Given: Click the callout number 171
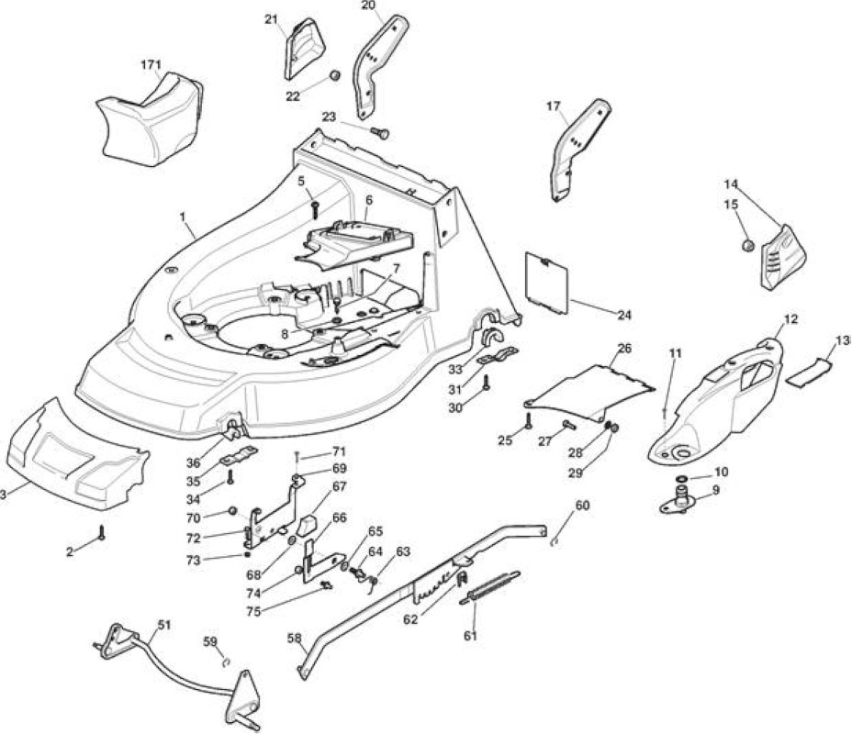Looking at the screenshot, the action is tap(151, 65).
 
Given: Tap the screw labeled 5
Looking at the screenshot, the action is tap(315, 208).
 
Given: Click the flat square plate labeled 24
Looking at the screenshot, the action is tap(547, 284).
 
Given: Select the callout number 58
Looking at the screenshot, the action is tap(294, 638).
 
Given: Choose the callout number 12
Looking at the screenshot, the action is tap(791, 320).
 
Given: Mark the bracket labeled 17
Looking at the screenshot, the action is tap(578, 150).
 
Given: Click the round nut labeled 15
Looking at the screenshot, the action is tap(748, 245).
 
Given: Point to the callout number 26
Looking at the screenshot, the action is tap(625, 348).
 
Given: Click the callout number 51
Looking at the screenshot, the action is tap(163, 625).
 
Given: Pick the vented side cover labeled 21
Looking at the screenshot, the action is tap(304, 48).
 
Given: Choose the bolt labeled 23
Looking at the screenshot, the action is tap(380, 132).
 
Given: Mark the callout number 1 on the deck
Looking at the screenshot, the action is tap(183, 217).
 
